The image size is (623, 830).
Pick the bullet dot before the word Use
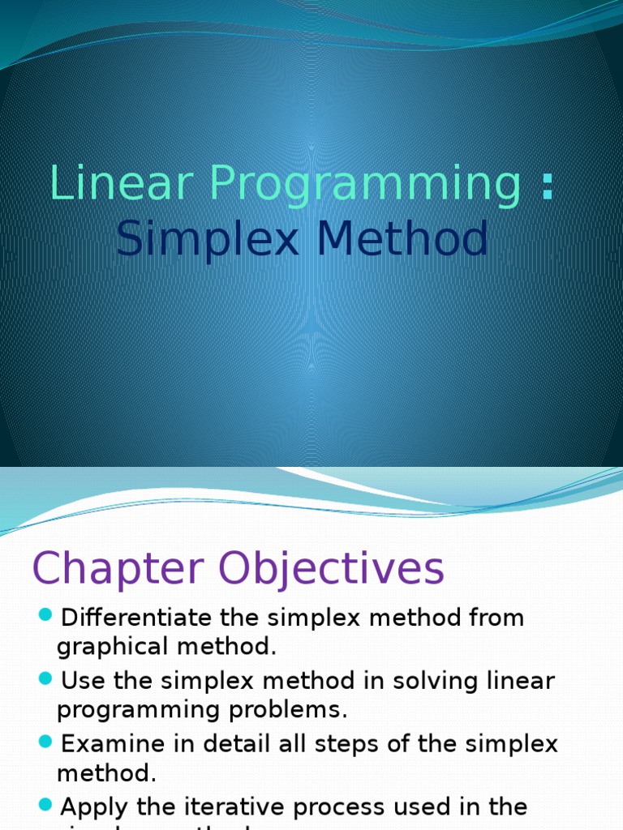pos(45,677)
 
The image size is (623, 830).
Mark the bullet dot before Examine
pos(45,740)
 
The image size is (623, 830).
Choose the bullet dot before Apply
pos(45,803)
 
